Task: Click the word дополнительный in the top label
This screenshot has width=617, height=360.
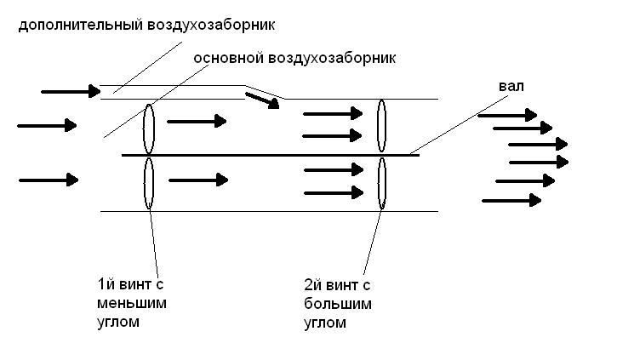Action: pos(80,26)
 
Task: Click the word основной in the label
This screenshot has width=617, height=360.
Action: pos(228,58)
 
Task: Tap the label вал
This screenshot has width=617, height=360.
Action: pos(511,86)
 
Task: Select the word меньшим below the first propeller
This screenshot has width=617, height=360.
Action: pos(132,303)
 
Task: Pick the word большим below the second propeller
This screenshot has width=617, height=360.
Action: pos(338,304)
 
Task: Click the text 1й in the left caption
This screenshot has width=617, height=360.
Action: pos(106,283)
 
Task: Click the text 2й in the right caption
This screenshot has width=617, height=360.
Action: pos(314,284)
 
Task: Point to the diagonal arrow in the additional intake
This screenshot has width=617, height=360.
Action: pos(262,100)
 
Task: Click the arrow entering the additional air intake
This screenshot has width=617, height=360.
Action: pos(71,91)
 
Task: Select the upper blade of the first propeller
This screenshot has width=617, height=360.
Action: pos(148,129)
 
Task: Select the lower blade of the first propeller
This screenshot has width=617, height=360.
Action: pos(148,183)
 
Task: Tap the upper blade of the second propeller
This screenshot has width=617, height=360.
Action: pos(381,126)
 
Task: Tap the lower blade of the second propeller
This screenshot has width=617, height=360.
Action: pos(382,183)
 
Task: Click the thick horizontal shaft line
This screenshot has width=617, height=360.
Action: pos(271,155)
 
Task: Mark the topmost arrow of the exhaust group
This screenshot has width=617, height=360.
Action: pos(507,115)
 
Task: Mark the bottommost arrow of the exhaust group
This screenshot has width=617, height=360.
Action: pos(511,200)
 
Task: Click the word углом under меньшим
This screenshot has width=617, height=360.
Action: pos(118,323)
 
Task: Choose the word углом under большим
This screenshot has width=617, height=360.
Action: pos(325,323)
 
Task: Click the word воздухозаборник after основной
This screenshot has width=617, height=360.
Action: pos(332,58)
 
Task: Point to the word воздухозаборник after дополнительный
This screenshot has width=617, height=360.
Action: pos(211,26)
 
